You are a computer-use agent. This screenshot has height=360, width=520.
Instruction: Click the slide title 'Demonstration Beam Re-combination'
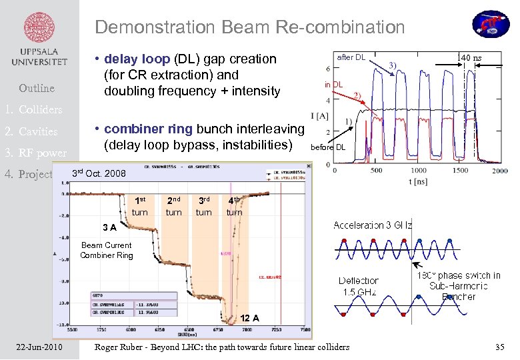(249, 27)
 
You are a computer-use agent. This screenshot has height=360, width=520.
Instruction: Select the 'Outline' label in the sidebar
(37, 88)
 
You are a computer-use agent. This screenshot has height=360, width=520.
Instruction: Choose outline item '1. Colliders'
(33, 109)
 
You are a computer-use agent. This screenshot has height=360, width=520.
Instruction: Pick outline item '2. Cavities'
(32, 131)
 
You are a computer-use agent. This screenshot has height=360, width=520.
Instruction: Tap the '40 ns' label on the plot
(470, 58)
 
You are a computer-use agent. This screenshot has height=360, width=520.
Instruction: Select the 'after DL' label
(351, 57)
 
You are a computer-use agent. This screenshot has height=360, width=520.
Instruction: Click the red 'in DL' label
(333, 85)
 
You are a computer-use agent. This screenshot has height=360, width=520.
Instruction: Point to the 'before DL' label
(329, 147)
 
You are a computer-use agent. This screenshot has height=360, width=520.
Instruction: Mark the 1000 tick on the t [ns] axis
(417, 171)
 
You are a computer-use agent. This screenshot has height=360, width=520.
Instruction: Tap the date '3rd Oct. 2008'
(99, 173)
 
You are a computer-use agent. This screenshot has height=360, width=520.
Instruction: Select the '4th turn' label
(234, 206)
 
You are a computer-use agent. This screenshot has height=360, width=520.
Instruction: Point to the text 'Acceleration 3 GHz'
(372, 225)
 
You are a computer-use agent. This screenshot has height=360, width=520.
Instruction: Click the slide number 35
(499, 347)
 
